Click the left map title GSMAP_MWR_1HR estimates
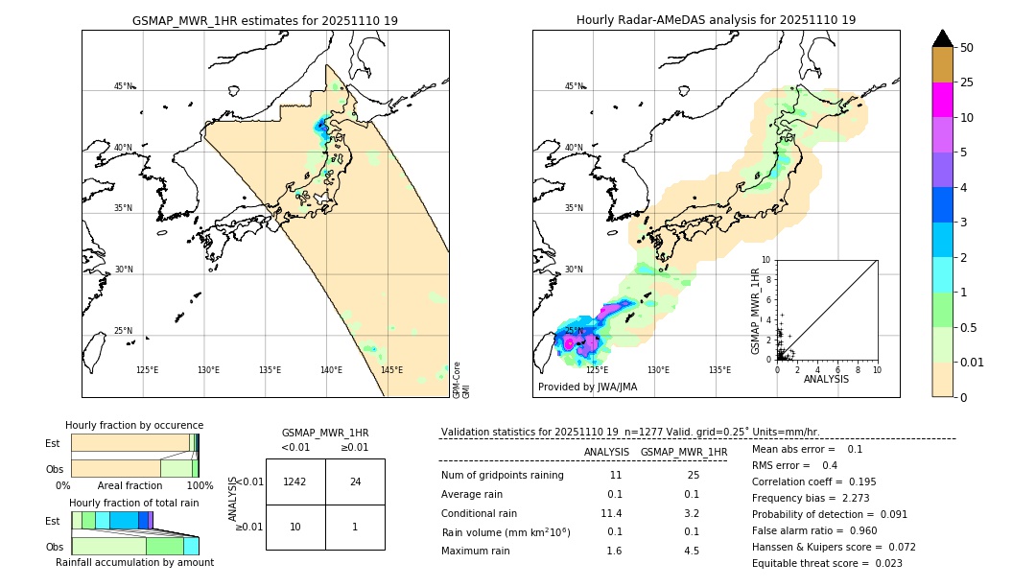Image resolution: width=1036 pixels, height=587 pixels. pyautogui.click(x=265, y=20)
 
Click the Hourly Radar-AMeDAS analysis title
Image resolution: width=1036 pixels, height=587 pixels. pyautogui.click(x=716, y=20)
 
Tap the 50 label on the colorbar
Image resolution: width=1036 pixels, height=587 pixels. pyautogui.click(x=967, y=48)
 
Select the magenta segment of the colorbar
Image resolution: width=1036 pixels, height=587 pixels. pyautogui.click(x=942, y=100)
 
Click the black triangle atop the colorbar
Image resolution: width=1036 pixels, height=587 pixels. pyautogui.click(x=942, y=38)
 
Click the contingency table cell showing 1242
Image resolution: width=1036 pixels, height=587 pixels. pyautogui.click(x=295, y=481)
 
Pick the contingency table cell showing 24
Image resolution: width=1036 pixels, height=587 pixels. pyautogui.click(x=355, y=481)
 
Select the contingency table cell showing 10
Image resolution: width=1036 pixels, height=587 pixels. pyautogui.click(x=295, y=528)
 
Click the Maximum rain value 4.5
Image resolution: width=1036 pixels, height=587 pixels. pyautogui.click(x=691, y=551)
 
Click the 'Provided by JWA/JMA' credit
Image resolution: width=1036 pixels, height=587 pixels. pyautogui.click(x=587, y=387)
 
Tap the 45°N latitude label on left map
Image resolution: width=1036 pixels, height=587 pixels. pyautogui.click(x=123, y=86)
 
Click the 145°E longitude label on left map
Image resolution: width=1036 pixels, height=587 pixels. pyautogui.click(x=391, y=370)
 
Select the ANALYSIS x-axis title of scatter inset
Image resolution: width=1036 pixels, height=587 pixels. pyautogui.click(x=826, y=379)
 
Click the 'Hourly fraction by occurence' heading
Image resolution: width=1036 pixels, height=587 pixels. pyautogui.click(x=134, y=425)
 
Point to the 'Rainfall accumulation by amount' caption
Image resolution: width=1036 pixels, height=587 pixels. pyautogui.click(x=134, y=562)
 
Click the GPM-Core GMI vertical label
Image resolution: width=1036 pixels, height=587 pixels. pyautogui.click(x=461, y=380)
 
